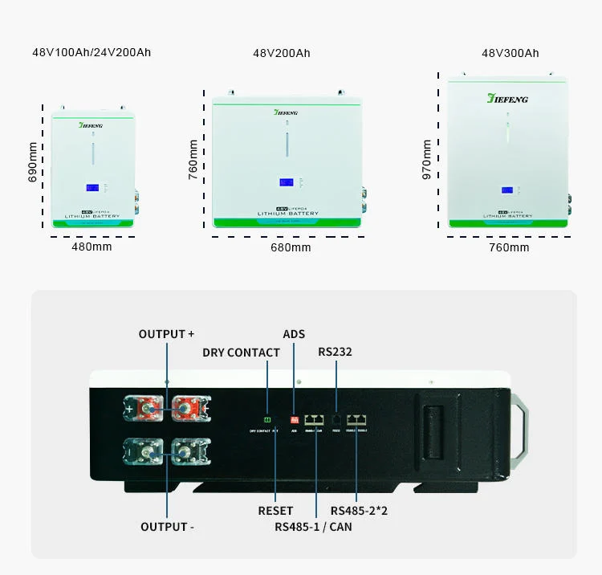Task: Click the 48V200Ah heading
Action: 281,53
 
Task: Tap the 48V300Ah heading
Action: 510,53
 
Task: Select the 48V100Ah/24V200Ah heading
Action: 92,52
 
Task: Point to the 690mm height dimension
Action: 33,162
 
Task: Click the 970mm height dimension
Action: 427,159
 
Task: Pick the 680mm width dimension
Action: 290,247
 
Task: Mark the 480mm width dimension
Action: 92,246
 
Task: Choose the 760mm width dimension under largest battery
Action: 509,247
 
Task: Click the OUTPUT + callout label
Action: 166,334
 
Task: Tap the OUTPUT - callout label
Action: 168,527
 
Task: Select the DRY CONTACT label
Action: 241,353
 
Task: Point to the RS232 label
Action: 335,352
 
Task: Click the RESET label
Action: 275,511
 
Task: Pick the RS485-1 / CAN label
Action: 313,527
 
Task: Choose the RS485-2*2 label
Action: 359,511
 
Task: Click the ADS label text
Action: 294,334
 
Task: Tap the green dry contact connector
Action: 268,419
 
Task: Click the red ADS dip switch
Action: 294,419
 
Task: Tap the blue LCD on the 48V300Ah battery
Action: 507,190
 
